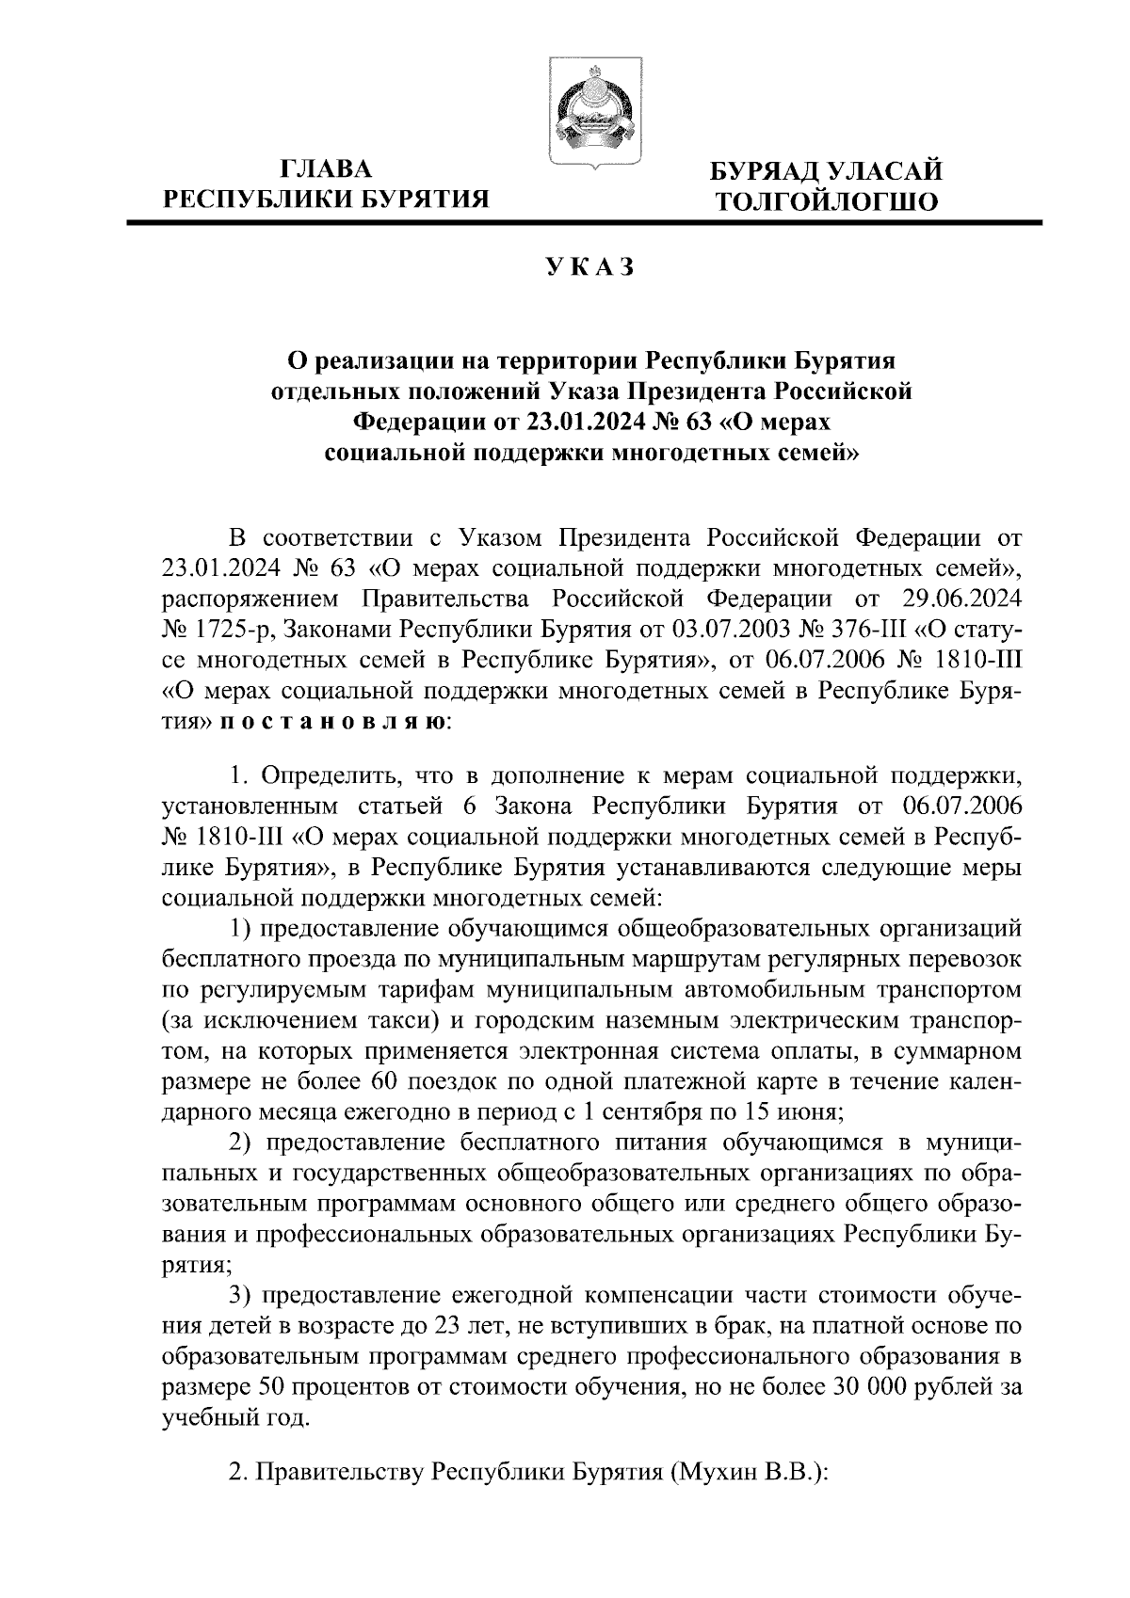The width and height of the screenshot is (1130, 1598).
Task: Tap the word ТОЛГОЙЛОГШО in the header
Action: [x=826, y=200]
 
